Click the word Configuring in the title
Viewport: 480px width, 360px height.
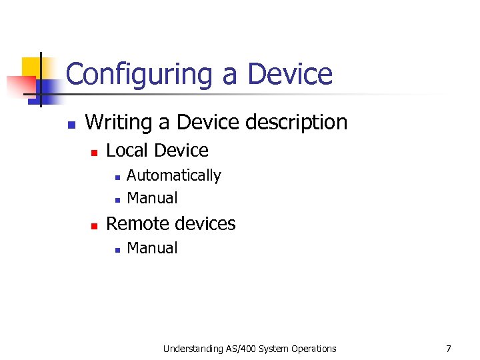tap(141, 75)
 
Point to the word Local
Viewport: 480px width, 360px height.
tap(127, 151)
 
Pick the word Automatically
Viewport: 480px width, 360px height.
tap(173, 175)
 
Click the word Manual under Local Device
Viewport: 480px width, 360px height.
tap(152, 198)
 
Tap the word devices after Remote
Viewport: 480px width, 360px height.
tap(203, 223)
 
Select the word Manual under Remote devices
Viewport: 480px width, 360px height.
tap(152, 248)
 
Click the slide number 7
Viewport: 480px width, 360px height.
tap(449, 349)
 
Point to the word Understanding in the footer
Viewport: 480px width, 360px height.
tap(192, 349)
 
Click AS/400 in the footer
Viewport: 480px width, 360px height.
tap(241, 349)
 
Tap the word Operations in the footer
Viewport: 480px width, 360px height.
tap(313, 349)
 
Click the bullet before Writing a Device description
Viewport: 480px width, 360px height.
tap(71, 124)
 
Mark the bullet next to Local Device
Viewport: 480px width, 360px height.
tap(94, 153)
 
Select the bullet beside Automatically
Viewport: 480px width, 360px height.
tap(116, 177)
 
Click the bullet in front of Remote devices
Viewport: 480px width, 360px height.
tap(94, 226)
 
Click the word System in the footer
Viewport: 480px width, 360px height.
tap(275, 349)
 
